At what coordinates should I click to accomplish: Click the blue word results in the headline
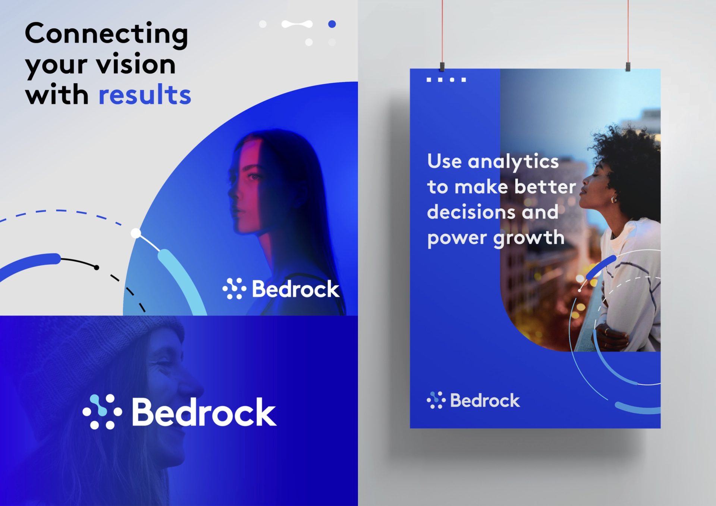pyautogui.click(x=145, y=94)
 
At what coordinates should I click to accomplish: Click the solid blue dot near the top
pyautogui.click(x=332, y=24)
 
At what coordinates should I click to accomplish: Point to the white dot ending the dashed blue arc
pyautogui.click(x=136, y=233)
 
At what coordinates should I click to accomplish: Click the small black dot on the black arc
pyautogui.click(x=97, y=267)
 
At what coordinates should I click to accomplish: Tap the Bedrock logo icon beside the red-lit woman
pyautogui.click(x=234, y=288)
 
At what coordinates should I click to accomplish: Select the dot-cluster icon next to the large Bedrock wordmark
pyautogui.click(x=102, y=412)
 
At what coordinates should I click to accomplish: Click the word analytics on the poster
pyautogui.click(x=513, y=162)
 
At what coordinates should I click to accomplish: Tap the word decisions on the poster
pyautogui.click(x=471, y=212)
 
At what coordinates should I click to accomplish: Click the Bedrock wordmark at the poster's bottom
pyautogui.click(x=485, y=400)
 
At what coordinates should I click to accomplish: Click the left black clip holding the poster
pyautogui.click(x=442, y=67)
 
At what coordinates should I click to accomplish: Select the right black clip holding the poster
pyautogui.click(x=628, y=67)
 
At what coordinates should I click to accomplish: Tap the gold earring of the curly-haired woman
pyautogui.click(x=613, y=199)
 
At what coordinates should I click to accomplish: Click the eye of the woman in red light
pyautogui.click(x=255, y=176)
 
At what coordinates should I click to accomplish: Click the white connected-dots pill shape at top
pyautogui.click(x=297, y=24)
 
